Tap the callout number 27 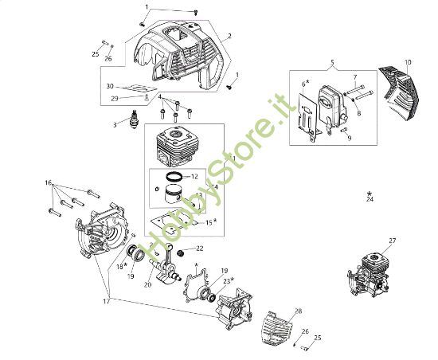pyautogui.click(x=392, y=240)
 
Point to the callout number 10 pyautogui.click(x=408, y=62)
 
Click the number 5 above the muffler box pyautogui.click(x=333, y=61)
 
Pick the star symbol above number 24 pyautogui.click(x=370, y=193)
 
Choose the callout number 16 pyautogui.click(x=49, y=183)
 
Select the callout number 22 pyautogui.click(x=200, y=248)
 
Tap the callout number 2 pyautogui.click(x=229, y=36)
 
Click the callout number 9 pyautogui.click(x=348, y=136)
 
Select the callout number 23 pyautogui.click(x=226, y=280)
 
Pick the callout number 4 pyautogui.click(x=160, y=97)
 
